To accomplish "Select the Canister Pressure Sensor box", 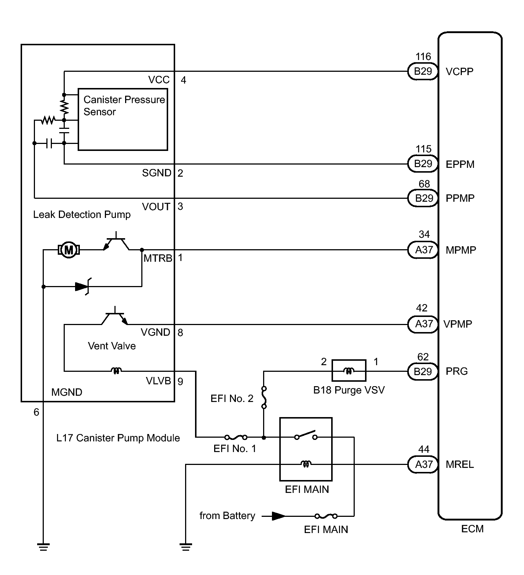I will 123,119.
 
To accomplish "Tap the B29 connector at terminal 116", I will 422,71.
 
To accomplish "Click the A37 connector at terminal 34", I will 424,250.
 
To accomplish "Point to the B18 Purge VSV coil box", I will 349,371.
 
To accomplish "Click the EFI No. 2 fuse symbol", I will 264,398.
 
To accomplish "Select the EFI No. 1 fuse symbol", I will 236,437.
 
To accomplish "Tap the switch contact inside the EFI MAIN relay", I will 306,435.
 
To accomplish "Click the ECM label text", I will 472,529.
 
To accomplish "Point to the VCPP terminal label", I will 459,71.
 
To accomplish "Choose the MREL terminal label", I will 460,465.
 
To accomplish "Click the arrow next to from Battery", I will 278,516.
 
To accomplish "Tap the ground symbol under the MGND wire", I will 43,547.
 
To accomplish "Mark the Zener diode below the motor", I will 82,286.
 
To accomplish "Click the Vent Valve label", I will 111,346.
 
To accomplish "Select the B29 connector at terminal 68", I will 424,198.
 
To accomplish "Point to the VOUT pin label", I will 156,207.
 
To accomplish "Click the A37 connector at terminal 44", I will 424,465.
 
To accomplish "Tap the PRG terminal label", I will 457,371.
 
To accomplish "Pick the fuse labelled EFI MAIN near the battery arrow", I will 326,516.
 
